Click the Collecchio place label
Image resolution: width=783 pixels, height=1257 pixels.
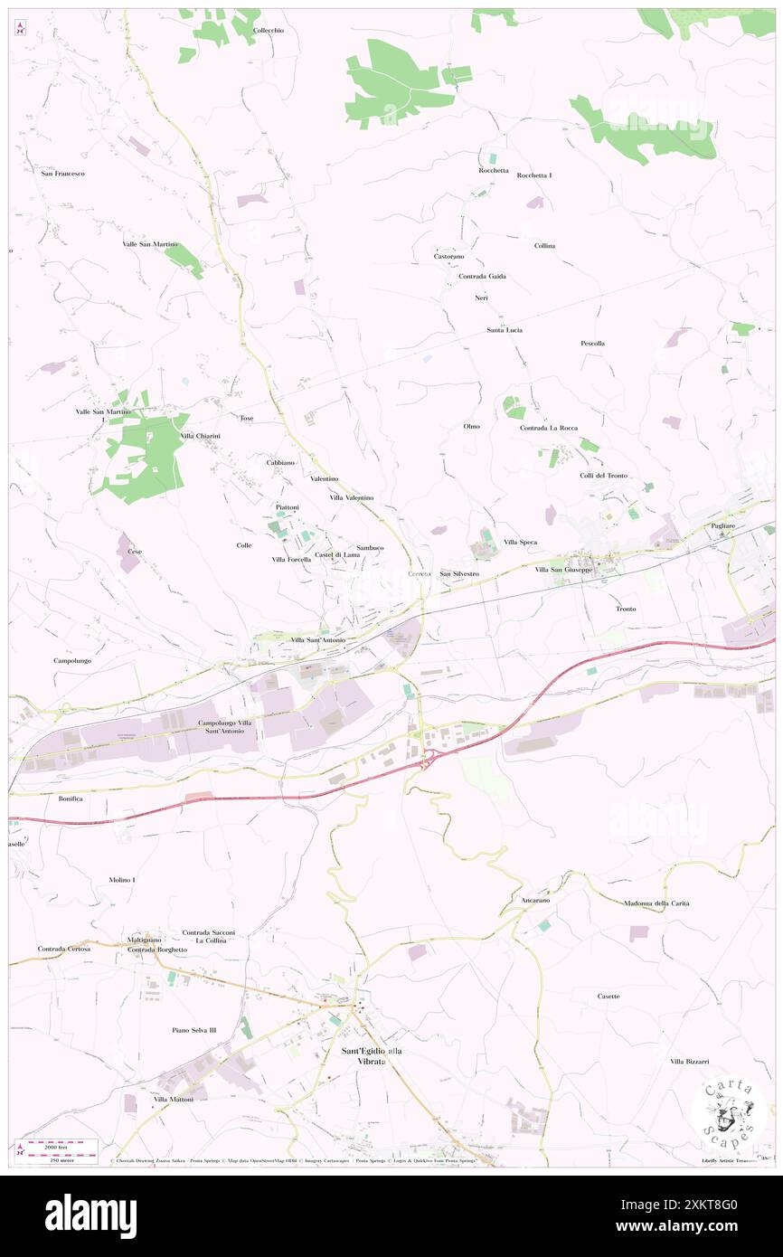click(269, 31)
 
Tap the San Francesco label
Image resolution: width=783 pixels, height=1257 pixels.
click(63, 173)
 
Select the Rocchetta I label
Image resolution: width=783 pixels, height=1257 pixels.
click(534, 175)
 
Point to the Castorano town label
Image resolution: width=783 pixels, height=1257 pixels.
click(448, 257)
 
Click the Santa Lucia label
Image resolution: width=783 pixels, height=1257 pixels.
click(505, 330)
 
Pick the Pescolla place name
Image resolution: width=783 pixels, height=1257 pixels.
click(592, 344)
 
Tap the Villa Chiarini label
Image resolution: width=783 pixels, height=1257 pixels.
click(201, 436)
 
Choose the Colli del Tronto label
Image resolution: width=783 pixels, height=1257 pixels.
click(604, 476)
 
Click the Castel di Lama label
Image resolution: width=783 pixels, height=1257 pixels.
click(337, 554)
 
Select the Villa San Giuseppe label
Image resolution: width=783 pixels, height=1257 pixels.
click(563, 570)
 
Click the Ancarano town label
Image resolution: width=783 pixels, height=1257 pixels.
click(535, 901)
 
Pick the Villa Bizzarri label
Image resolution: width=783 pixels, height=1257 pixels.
click(689, 1061)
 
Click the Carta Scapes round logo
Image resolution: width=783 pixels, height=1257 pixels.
click(729, 1113)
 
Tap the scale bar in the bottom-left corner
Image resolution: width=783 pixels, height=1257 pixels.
click(59, 1150)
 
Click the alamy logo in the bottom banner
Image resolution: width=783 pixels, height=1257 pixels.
click(90, 1215)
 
